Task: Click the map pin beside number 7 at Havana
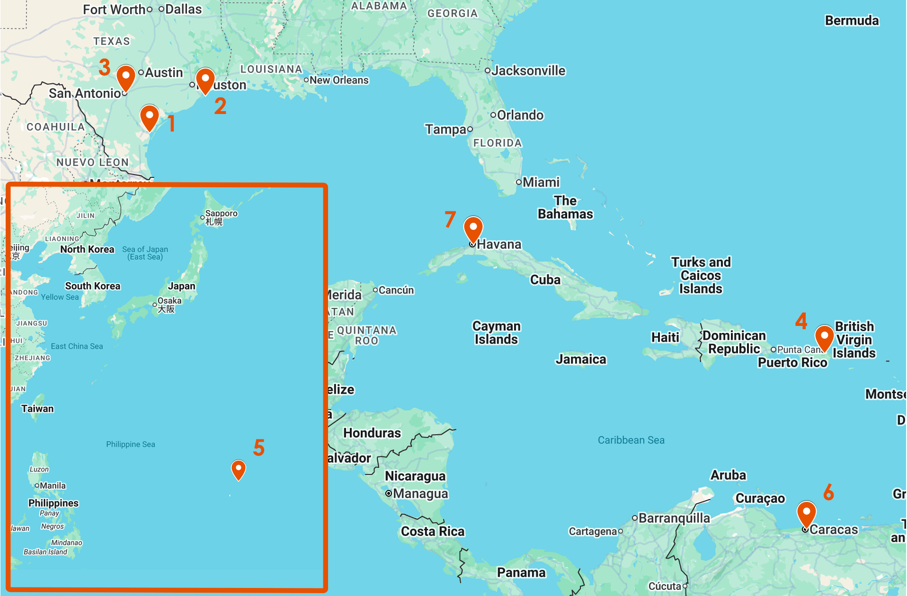[x=473, y=228]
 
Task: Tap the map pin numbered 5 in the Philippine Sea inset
[x=238, y=469]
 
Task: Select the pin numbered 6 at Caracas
[x=806, y=514]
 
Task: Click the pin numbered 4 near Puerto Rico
[x=824, y=337]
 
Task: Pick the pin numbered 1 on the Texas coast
[x=149, y=117]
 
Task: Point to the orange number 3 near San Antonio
[x=105, y=67]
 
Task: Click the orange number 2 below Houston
[x=220, y=106]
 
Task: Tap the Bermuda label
[x=852, y=21]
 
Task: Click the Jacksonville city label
[x=528, y=71]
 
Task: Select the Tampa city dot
[x=470, y=129]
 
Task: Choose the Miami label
[x=541, y=183]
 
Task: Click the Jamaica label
[x=581, y=359]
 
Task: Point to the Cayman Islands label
[x=496, y=333]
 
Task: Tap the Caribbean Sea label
[x=631, y=440]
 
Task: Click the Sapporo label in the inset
[x=221, y=214]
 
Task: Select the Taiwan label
[x=37, y=409]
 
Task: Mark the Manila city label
[x=53, y=486]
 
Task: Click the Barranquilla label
[x=674, y=518]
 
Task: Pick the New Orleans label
[x=339, y=80]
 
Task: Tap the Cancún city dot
[x=375, y=290]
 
